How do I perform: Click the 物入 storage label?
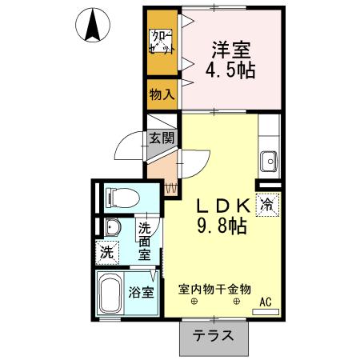click(162, 94)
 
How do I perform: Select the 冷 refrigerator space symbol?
click(267, 204)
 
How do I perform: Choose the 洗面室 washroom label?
click(145, 241)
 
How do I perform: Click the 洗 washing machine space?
click(107, 251)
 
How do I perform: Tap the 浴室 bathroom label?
click(142, 292)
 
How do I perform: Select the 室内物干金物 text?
click(214, 289)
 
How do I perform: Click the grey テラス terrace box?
click(212, 337)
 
